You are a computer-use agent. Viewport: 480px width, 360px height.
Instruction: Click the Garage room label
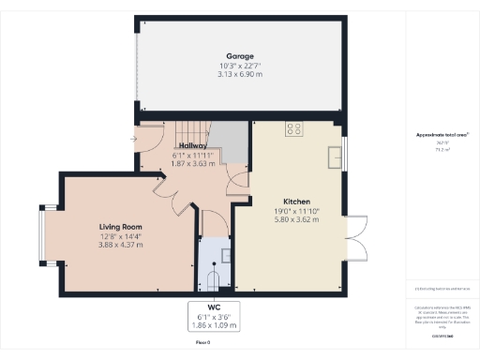tap(239, 56)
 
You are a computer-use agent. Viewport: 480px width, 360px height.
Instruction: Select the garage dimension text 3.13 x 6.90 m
tap(239, 73)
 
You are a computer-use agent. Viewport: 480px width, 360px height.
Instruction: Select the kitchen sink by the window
tap(335, 156)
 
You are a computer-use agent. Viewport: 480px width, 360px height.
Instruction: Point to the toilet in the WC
tap(214, 278)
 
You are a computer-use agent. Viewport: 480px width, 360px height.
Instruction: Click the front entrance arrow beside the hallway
tap(134, 141)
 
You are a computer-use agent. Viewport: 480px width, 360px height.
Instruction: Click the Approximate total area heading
tap(442, 135)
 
